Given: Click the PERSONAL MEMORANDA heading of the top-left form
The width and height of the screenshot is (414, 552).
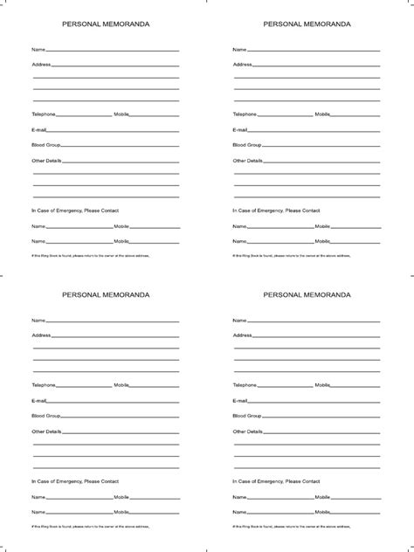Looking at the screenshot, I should tap(106, 24).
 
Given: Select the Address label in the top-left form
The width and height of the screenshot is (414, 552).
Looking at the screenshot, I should tap(41, 65).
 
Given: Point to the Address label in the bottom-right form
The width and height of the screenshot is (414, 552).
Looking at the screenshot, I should tap(242, 335).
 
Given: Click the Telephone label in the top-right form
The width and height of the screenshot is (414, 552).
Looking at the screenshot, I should tap(245, 114).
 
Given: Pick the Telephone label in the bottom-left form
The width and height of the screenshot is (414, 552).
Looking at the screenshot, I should tap(44, 385).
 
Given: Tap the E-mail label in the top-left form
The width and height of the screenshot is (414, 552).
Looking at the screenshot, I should tap(39, 129).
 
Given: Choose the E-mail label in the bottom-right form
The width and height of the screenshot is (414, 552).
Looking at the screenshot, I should tap(240, 400).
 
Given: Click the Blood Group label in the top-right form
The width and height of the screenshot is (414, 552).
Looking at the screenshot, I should tap(247, 145).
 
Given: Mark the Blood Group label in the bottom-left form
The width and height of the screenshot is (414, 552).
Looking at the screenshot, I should tap(46, 416).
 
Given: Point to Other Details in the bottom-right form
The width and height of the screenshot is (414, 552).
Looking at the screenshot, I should tap(248, 431).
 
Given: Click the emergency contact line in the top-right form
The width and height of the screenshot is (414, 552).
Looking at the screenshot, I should tap(276, 210).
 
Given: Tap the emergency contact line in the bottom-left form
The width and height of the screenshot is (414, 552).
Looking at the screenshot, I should tap(75, 481).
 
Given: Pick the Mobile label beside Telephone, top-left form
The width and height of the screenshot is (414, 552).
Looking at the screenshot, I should tap(121, 114).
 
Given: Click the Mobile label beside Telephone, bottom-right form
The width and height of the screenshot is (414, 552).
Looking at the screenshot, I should tap(322, 385).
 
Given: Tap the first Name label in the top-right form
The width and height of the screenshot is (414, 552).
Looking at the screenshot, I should tap(239, 50).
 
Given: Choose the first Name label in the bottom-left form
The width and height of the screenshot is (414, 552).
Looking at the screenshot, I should tap(38, 321).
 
